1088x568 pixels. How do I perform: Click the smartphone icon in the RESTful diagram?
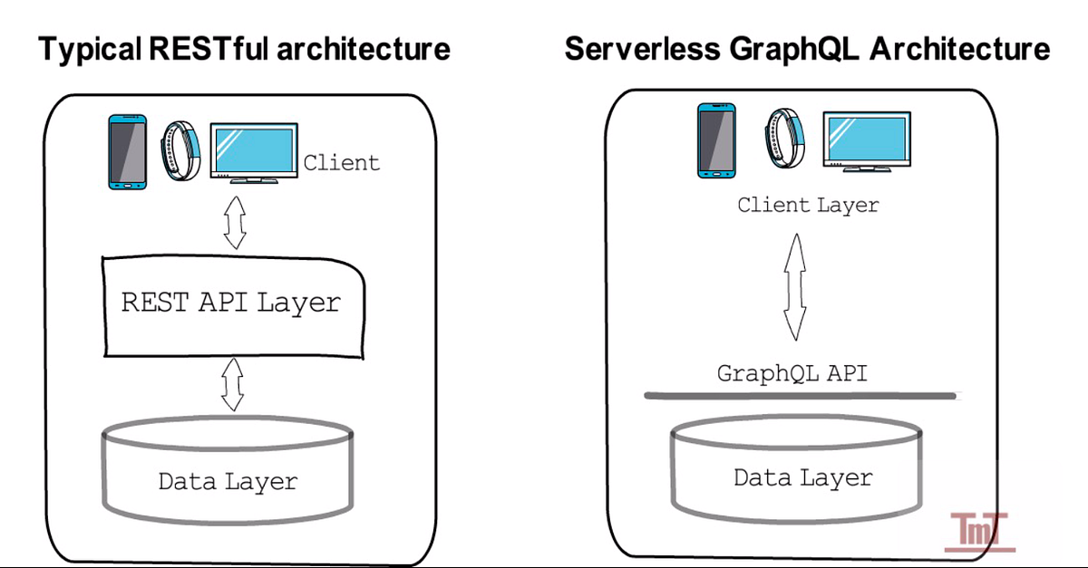click(128, 151)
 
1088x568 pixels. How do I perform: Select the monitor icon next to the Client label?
click(253, 151)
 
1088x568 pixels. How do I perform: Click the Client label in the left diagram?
click(341, 163)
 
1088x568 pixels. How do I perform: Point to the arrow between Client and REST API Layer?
click(236, 221)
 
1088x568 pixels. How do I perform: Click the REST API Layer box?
click(232, 303)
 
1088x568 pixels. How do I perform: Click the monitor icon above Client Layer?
click(865, 140)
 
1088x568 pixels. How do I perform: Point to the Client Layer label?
click(808, 205)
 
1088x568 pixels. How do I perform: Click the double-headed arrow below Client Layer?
click(795, 284)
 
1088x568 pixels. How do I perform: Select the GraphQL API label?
click(792, 372)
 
